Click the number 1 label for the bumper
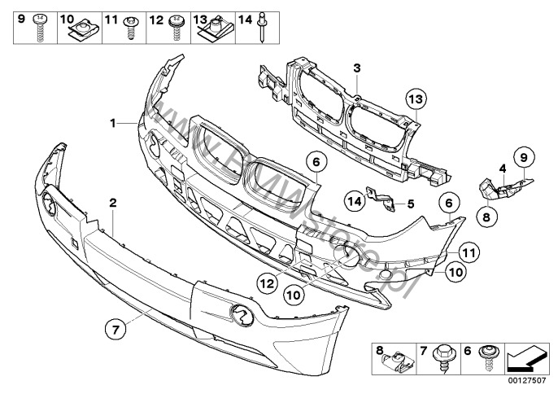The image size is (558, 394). click(115, 124)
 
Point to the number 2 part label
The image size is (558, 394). click(114, 201)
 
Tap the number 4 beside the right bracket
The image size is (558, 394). click(503, 169)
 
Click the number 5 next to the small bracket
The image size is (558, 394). click(411, 203)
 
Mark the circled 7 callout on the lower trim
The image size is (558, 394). click(116, 330)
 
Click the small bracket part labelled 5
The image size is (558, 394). click(379, 199)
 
